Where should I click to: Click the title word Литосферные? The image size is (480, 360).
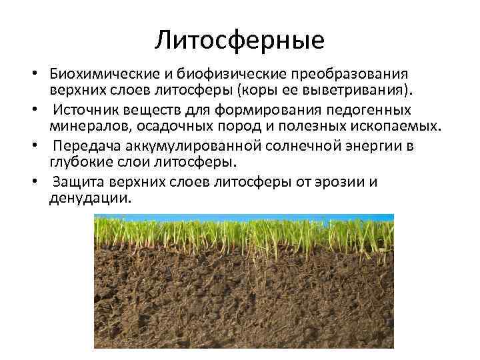coord(239,41)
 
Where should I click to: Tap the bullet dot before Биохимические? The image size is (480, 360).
coord(41,73)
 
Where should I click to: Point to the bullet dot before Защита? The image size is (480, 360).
coord(41,181)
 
